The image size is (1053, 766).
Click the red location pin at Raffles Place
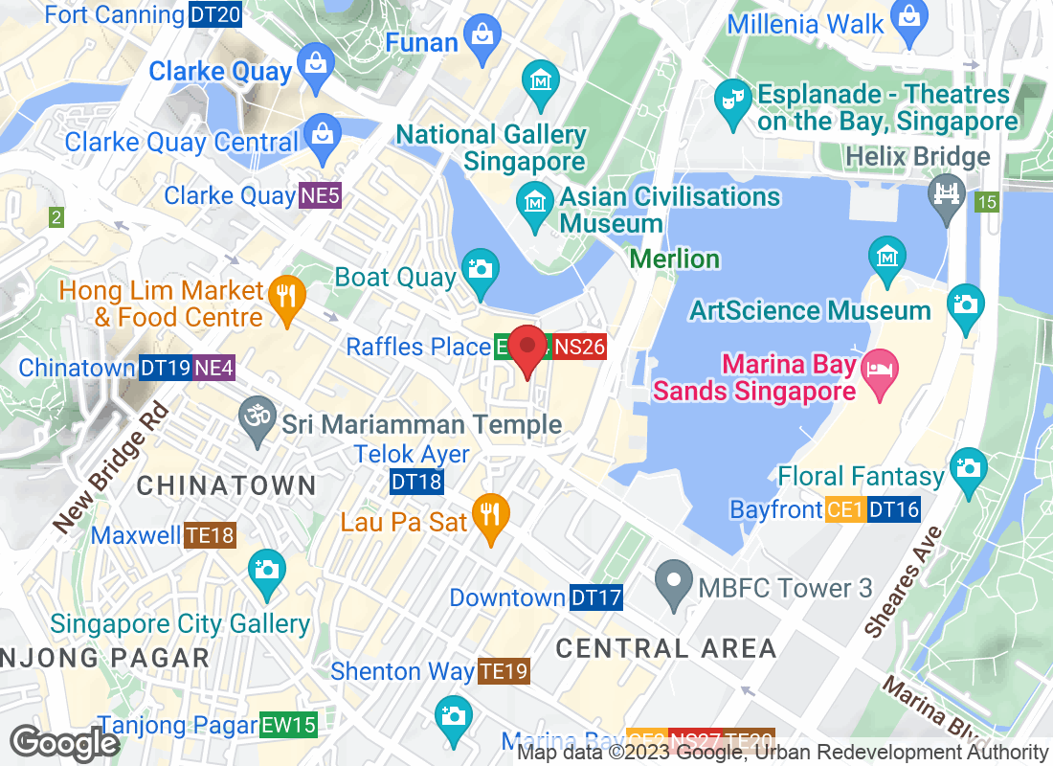(526, 349)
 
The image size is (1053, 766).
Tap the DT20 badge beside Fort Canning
(215, 14)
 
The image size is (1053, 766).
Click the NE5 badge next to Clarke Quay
(320, 196)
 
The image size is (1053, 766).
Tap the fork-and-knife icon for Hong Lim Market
(285, 294)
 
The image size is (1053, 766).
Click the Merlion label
(675, 259)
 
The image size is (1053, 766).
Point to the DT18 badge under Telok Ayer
(417, 482)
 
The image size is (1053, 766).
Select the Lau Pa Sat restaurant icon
(490, 513)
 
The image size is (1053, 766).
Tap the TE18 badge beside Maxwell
(211, 534)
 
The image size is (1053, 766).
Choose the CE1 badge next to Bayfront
(845, 509)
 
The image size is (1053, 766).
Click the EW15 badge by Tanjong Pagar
(288, 725)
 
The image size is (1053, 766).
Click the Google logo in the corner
(64, 743)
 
